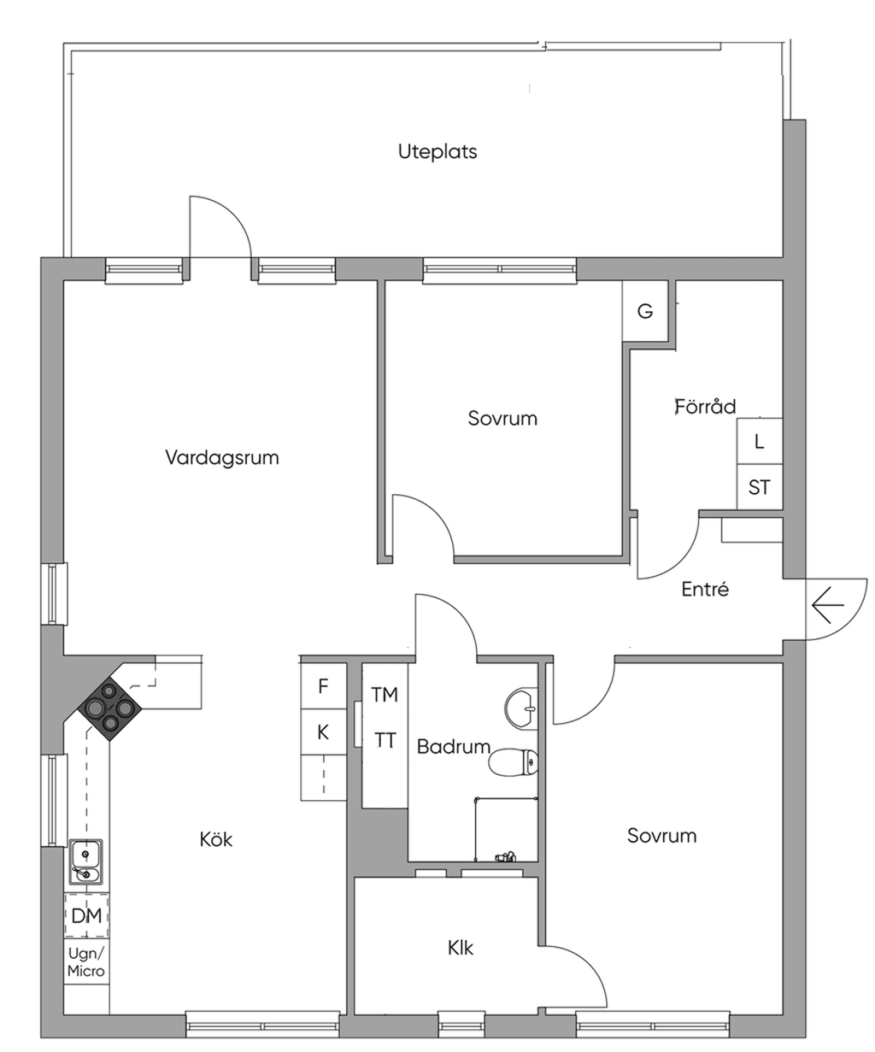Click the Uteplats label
click(x=437, y=151)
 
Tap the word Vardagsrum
click(x=221, y=457)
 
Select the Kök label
click(x=215, y=839)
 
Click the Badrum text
click(x=454, y=746)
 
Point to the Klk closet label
click(x=461, y=948)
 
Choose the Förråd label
click(x=705, y=406)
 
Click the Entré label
click(x=705, y=589)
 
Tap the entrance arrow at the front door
click(x=828, y=604)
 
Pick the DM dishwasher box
click(x=86, y=915)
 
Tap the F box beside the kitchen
click(x=323, y=685)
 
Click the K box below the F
click(x=323, y=732)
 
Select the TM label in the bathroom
click(x=385, y=695)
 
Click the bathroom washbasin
click(x=520, y=708)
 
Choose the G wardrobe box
click(x=645, y=311)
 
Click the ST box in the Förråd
click(x=759, y=487)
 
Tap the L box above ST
click(x=759, y=441)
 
